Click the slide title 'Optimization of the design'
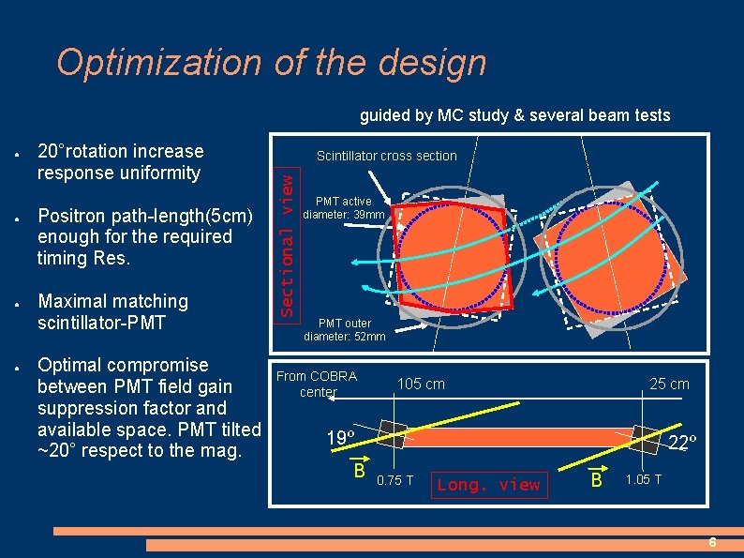click(x=271, y=63)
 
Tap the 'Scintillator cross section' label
click(x=386, y=156)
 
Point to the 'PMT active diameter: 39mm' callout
click(x=350, y=207)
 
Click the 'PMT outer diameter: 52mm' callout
click(x=344, y=330)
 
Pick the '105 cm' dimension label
click(x=421, y=384)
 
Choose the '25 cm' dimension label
click(x=669, y=384)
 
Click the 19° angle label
click(x=339, y=438)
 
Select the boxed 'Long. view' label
click(x=489, y=485)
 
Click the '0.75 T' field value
click(x=394, y=480)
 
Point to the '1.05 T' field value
click(x=644, y=480)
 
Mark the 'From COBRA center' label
click(x=317, y=384)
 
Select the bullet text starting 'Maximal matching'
click(x=112, y=311)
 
